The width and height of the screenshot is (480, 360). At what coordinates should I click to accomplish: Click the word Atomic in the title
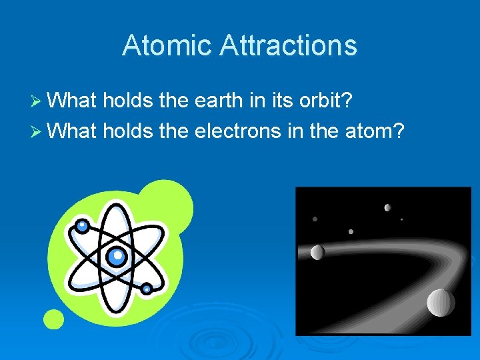pyautogui.click(x=166, y=45)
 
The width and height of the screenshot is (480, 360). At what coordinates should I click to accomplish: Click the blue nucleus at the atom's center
pyautogui.click(x=117, y=255)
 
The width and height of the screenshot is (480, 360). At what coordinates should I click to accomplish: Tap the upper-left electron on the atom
pyautogui.click(x=81, y=226)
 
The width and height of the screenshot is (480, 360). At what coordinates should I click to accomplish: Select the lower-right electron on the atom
pyautogui.click(x=147, y=289)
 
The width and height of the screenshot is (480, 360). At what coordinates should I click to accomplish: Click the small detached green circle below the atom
pyautogui.click(x=54, y=319)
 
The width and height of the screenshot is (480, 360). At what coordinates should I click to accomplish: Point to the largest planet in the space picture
pyautogui.click(x=441, y=303)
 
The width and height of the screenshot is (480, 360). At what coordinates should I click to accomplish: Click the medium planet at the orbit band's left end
pyautogui.click(x=317, y=252)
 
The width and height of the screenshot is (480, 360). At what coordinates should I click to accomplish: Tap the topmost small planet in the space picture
pyautogui.click(x=387, y=207)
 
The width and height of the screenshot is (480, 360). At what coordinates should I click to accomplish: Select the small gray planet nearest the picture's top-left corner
pyautogui.click(x=315, y=219)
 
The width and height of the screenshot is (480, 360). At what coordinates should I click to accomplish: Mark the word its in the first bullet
pyautogui.click(x=282, y=101)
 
